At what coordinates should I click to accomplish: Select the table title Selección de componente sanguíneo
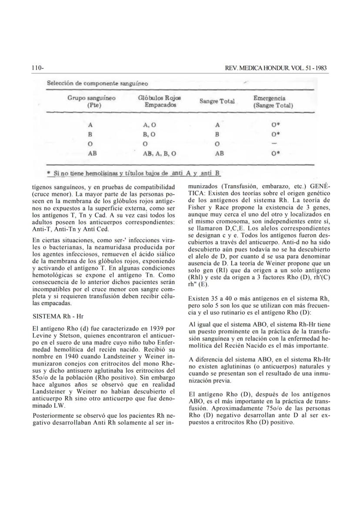[97, 83]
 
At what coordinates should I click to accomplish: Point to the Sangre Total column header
[217, 101]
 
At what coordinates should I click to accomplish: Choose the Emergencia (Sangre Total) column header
[273, 102]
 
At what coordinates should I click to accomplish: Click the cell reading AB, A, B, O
[160, 153]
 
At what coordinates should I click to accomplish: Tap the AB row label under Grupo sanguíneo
[92, 153]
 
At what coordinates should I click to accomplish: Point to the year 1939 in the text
[150, 328]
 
